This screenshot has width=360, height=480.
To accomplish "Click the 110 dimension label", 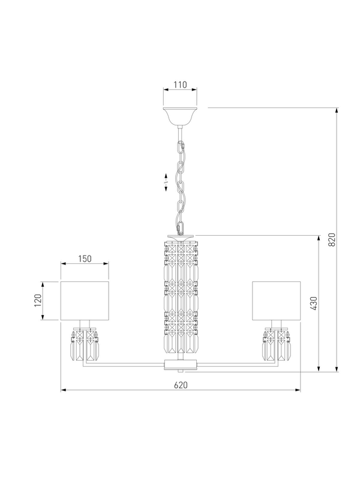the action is [181, 85].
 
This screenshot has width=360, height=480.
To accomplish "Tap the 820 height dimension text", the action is [332, 239].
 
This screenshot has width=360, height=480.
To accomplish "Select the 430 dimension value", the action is [314, 304].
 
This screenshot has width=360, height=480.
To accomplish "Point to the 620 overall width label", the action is [181, 385].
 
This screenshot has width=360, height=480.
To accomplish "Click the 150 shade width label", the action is [85, 259].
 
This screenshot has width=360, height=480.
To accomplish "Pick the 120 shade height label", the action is [38, 301].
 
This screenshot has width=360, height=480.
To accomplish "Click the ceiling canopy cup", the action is [180, 116].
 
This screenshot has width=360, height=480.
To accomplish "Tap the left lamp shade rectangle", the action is [85, 301].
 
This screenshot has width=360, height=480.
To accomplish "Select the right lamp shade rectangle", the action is [277, 301].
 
